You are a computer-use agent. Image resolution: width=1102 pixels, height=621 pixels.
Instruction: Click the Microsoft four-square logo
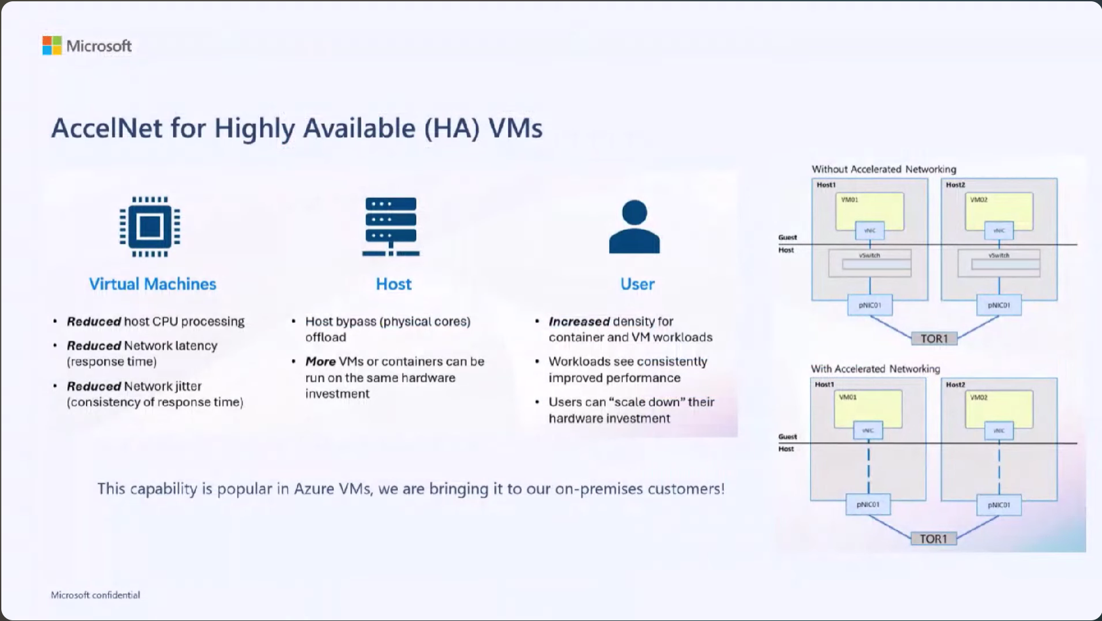click(x=52, y=46)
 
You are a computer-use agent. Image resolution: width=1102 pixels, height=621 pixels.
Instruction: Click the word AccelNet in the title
click(x=107, y=128)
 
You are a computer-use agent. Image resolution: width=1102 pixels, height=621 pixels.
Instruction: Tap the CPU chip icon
click(x=150, y=227)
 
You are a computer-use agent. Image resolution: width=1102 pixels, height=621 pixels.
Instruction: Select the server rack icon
click(x=391, y=227)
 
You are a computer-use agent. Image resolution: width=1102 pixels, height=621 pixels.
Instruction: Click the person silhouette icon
click(x=634, y=227)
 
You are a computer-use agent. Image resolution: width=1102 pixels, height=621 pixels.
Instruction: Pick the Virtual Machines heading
click(x=153, y=284)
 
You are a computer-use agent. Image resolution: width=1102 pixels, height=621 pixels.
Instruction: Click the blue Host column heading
click(x=393, y=284)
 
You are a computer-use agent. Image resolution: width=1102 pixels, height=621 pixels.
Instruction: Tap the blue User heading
click(x=637, y=284)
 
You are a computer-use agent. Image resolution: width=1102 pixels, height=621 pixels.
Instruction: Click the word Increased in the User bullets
click(x=579, y=322)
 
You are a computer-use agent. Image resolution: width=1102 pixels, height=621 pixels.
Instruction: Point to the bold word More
click(x=321, y=362)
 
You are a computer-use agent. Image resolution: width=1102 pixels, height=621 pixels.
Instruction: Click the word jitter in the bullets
click(x=189, y=386)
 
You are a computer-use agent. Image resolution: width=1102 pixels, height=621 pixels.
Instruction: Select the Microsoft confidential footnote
click(x=96, y=595)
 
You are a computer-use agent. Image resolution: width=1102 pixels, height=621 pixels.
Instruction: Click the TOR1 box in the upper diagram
click(x=934, y=339)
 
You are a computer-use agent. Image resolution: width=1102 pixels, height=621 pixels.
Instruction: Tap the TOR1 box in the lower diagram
click(x=934, y=538)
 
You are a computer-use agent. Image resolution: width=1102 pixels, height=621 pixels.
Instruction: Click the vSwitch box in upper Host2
click(x=999, y=263)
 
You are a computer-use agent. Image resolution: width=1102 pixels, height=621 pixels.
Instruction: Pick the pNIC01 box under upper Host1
click(x=870, y=305)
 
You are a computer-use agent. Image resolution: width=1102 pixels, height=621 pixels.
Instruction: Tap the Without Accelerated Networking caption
click(x=884, y=169)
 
